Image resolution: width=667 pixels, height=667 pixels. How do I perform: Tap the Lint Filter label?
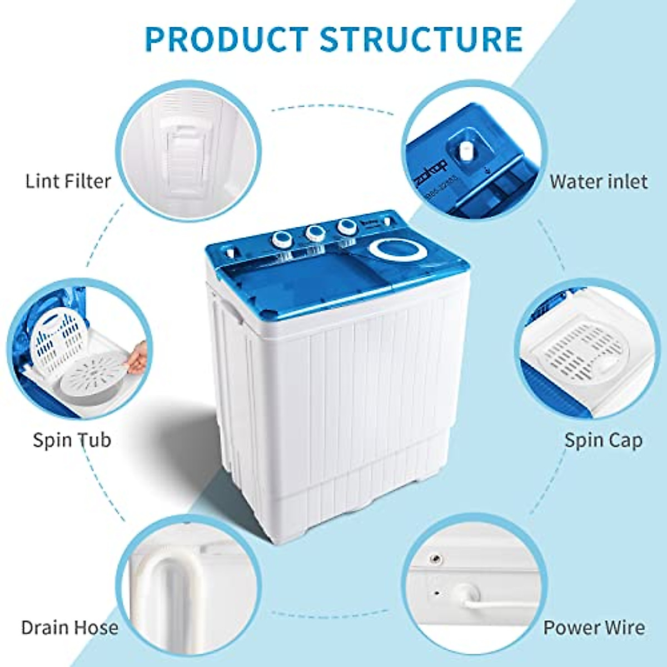point(68,181)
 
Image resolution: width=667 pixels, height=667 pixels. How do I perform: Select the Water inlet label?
point(599,181)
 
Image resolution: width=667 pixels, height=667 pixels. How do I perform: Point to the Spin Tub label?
point(72,440)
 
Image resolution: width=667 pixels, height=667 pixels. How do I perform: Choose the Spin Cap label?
point(603,440)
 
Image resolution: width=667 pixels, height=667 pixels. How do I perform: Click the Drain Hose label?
point(69,628)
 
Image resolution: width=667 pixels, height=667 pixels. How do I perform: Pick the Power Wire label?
point(594,628)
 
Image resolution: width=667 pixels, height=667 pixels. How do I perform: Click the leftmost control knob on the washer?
point(281,240)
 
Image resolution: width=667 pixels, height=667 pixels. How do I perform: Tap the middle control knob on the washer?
point(315,232)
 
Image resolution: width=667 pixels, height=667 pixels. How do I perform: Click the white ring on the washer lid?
point(398,251)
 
